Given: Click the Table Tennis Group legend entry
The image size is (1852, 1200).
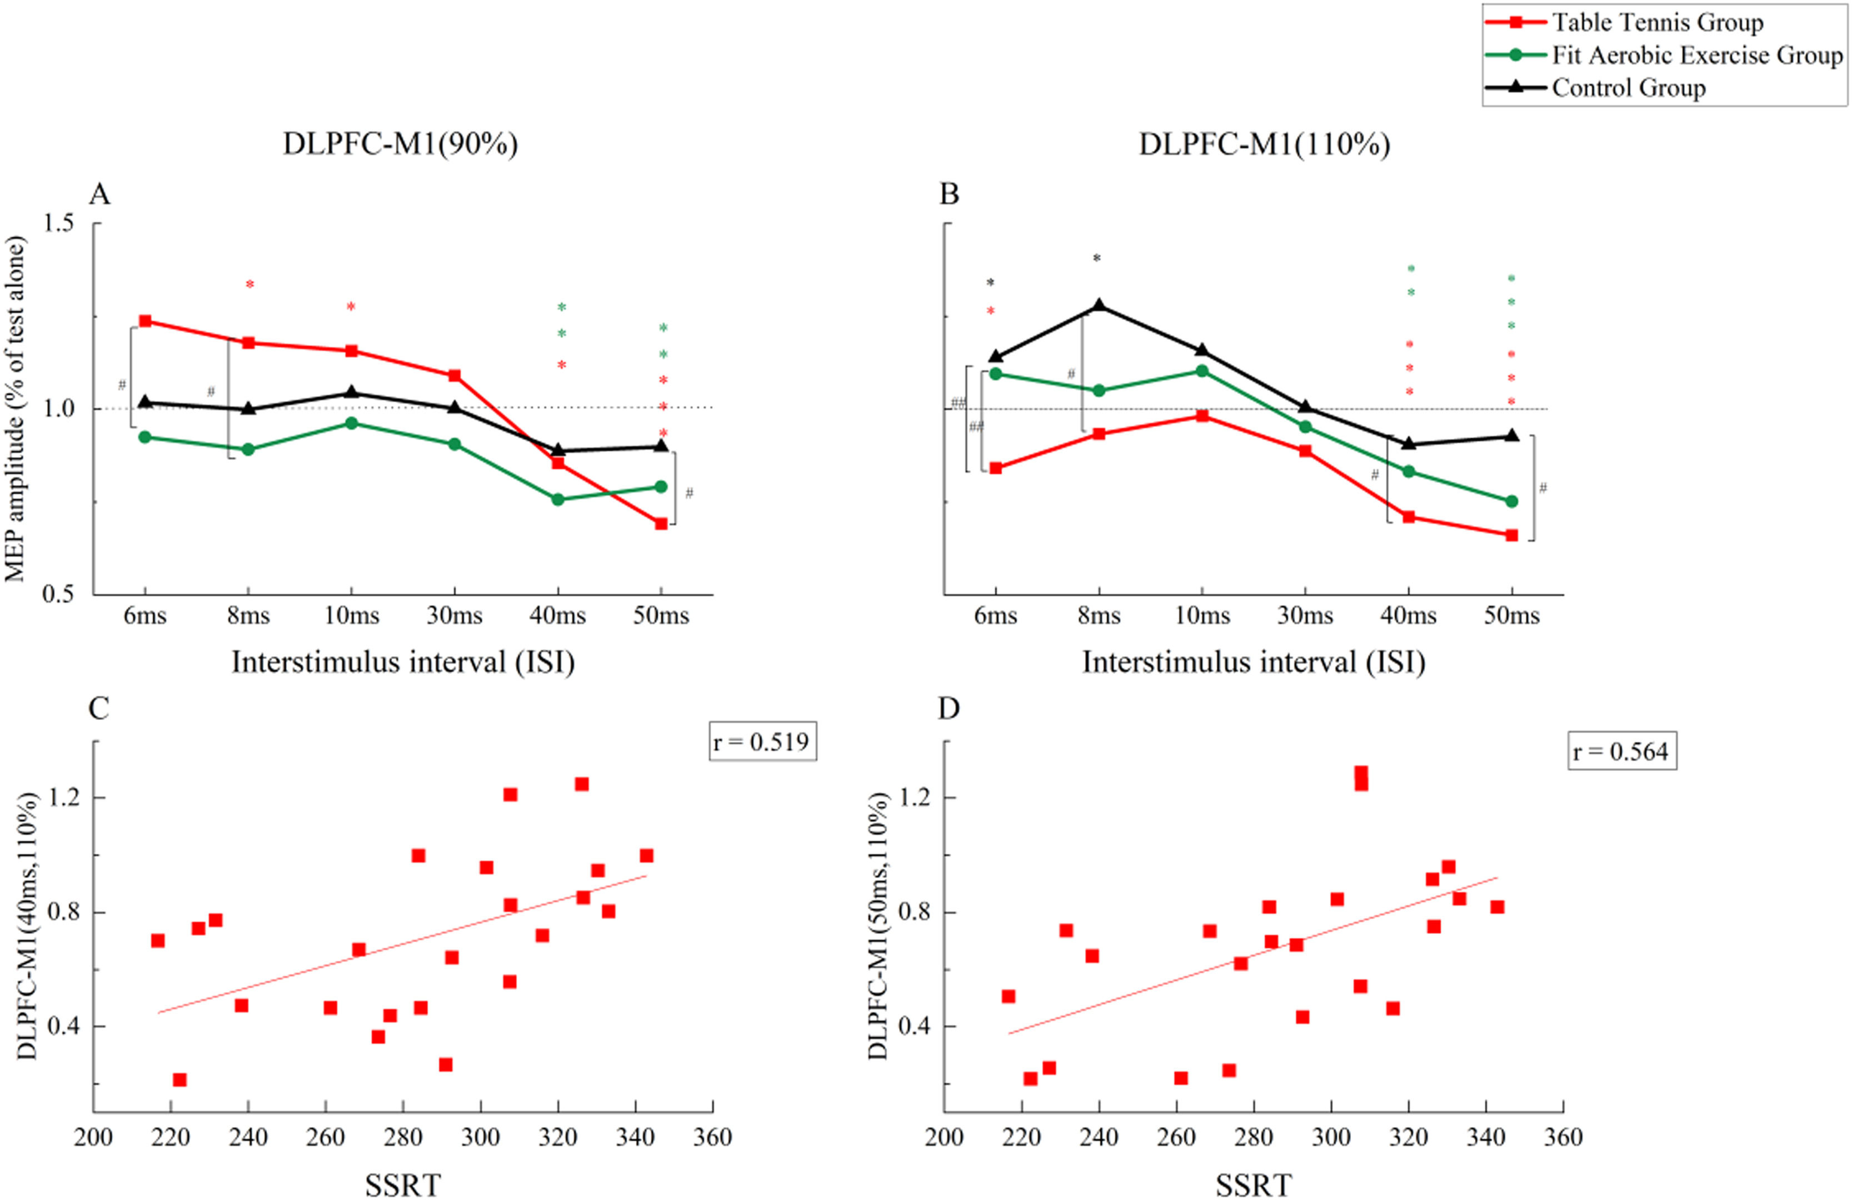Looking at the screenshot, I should pos(1658,23).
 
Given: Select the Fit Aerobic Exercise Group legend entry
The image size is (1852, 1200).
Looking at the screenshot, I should pos(1696,55).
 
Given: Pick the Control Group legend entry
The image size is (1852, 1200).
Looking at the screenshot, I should pos(1628,88).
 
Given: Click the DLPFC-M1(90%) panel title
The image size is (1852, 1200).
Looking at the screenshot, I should pos(400,145).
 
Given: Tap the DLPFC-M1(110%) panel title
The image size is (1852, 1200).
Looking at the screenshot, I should pos(1265,145).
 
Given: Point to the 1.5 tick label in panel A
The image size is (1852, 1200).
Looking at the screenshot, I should pos(58,223).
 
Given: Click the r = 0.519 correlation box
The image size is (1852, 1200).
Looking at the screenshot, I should pos(762,741).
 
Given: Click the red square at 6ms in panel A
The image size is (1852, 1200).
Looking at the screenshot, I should pos(144,321).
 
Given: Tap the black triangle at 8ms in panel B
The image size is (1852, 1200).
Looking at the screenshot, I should pos(1099,305).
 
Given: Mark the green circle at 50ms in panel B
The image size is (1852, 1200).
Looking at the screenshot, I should pos(1511,501).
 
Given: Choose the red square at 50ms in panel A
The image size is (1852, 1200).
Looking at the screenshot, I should pos(661,524).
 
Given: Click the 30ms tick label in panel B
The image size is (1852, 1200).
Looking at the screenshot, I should pos(1305,616).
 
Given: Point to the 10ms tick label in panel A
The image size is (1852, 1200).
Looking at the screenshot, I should pos(352,616).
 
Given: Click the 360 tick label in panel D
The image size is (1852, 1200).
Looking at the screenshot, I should pos(1563,1138).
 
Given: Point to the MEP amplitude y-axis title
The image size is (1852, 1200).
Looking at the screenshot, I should pos(16,409).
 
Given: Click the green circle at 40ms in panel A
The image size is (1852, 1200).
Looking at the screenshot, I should pos(558,499).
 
